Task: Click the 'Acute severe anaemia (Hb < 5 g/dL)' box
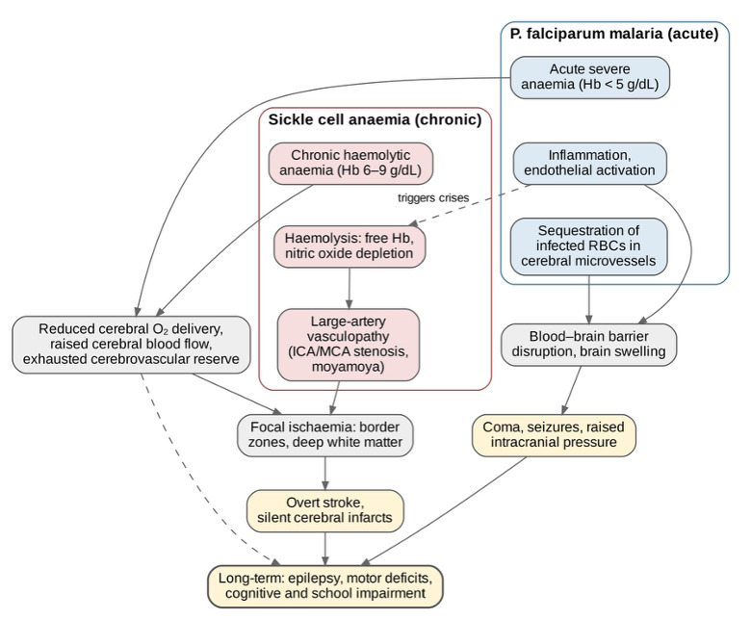(589, 78)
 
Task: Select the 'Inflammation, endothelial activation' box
(589, 164)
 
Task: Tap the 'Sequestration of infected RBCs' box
(588, 246)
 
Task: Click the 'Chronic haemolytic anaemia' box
(350, 164)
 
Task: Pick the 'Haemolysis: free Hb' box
(350, 246)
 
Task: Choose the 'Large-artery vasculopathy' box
(349, 345)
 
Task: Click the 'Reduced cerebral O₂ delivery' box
(131, 345)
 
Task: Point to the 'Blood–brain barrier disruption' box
(588, 345)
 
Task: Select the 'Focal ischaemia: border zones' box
(325, 435)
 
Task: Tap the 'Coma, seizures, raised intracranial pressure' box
(554, 435)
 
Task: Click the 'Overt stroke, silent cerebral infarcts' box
(325, 511)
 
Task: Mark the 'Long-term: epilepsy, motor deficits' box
(325, 586)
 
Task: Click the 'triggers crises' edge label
(433, 197)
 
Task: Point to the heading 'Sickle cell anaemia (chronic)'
(375, 119)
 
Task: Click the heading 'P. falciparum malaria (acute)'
(614, 34)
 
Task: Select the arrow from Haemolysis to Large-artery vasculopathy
(350, 288)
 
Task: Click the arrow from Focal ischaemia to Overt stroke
(325, 473)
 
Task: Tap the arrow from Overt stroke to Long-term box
(325, 549)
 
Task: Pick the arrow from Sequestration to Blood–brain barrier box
(588, 299)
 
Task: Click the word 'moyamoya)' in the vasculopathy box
(349, 367)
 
